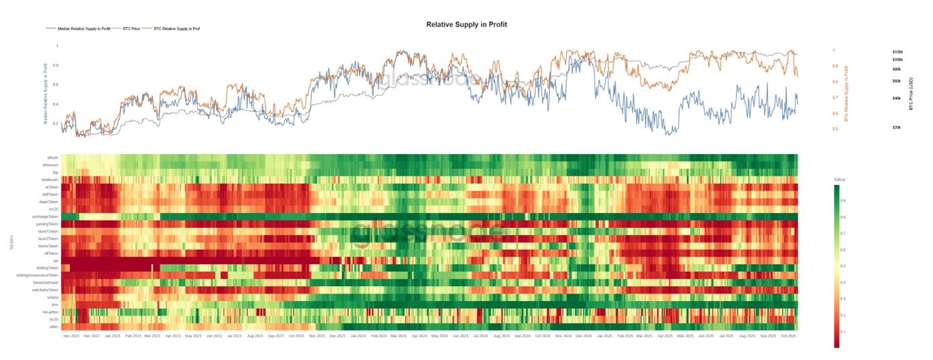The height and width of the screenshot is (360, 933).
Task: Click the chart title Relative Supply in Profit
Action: click(x=466, y=24)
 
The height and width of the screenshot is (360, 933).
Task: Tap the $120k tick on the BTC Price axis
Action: click(x=897, y=52)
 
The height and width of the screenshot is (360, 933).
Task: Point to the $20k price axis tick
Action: click(x=896, y=127)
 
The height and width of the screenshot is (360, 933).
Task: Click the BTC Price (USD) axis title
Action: click(x=912, y=93)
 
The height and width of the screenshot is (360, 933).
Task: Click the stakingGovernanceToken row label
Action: click(x=38, y=275)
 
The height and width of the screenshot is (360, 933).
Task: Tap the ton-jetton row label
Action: click(x=50, y=312)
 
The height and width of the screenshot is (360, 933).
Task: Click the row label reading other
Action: click(x=54, y=326)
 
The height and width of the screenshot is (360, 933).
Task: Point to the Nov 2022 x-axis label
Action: click(x=71, y=335)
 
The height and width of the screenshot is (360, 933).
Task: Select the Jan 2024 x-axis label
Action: click(x=358, y=335)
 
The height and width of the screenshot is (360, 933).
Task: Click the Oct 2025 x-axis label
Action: click(x=787, y=335)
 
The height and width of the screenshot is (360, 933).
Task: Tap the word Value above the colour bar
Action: click(x=840, y=180)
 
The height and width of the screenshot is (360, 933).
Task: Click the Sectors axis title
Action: click(x=11, y=241)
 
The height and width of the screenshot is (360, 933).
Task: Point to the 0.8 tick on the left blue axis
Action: click(x=56, y=65)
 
